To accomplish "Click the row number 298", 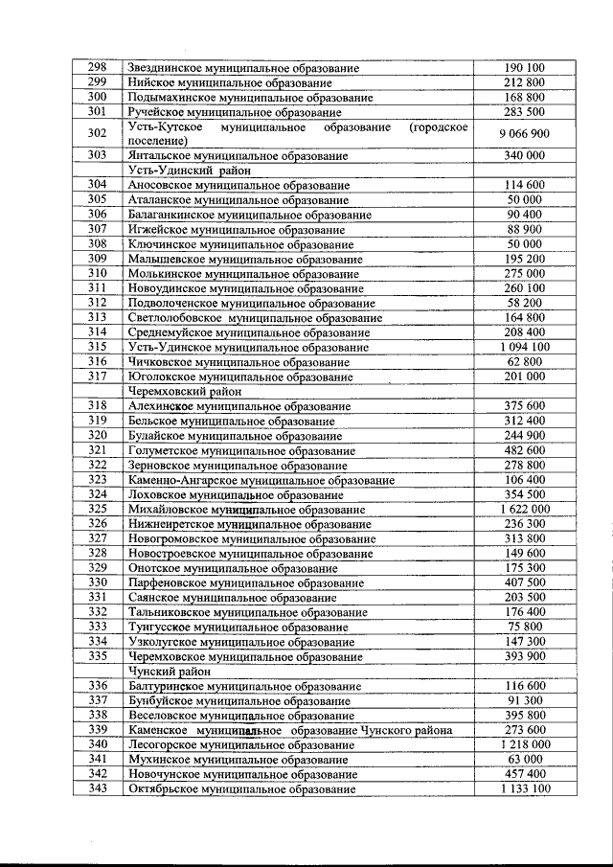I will pyautogui.click(x=97, y=68).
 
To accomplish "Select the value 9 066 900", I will pyautogui.click(x=524, y=133).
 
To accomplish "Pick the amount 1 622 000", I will pyautogui.click(x=525, y=509).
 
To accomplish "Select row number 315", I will pyautogui.click(x=97, y=347).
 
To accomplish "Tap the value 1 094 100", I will pyautogui.click(x=525, y=347).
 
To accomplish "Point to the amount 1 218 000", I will pyautogui.click(x=525, y=744).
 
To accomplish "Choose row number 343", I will pyautogui.click(x=97, y=788).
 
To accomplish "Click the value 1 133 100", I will pyautogui.click(x=525, y=788).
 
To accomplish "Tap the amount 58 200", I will pyautogui.click(x=525, y=303).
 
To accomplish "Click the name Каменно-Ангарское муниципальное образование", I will pyautogui.click(x=255, y=480).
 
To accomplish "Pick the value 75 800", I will pyautogui.click(x=525, y=627).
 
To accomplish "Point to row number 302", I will pyautogui.click(x=97, y=133).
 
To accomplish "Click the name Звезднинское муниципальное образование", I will pyautogui.click(x=243, y=68).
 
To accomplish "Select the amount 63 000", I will pyautogui.click(x=525, y=760).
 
